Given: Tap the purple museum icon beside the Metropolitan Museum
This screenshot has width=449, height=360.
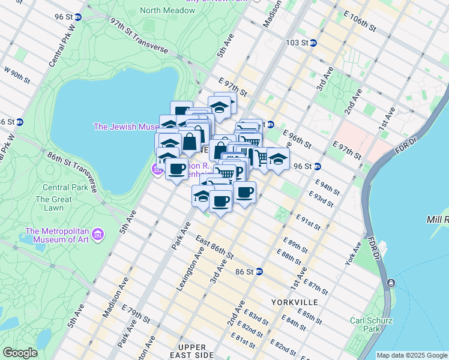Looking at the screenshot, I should pyautogui.click(x=98, y=233).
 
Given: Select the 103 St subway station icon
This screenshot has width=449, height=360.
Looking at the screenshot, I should pyautogui.click(x=313, y=43).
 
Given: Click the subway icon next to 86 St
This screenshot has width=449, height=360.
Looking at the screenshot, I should pyautogui.click(x=259, y=271).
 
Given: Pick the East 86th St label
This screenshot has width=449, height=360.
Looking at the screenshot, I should pyautogui.click(x=214, y=247).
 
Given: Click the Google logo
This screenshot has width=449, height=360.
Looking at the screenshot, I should pyautogui.click(x=20, y=353).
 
